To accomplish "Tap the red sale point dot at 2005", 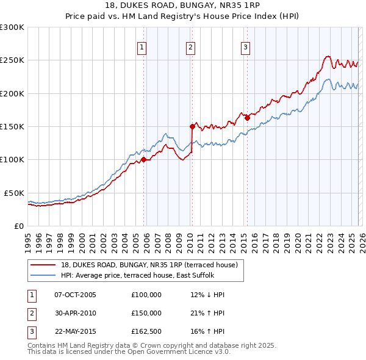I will coord(144,160).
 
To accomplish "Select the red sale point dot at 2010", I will coord(192,127).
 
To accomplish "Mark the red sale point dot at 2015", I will coord(247,118).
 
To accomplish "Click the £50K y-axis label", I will coord(14,193).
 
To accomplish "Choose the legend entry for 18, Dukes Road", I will coord(152,265).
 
